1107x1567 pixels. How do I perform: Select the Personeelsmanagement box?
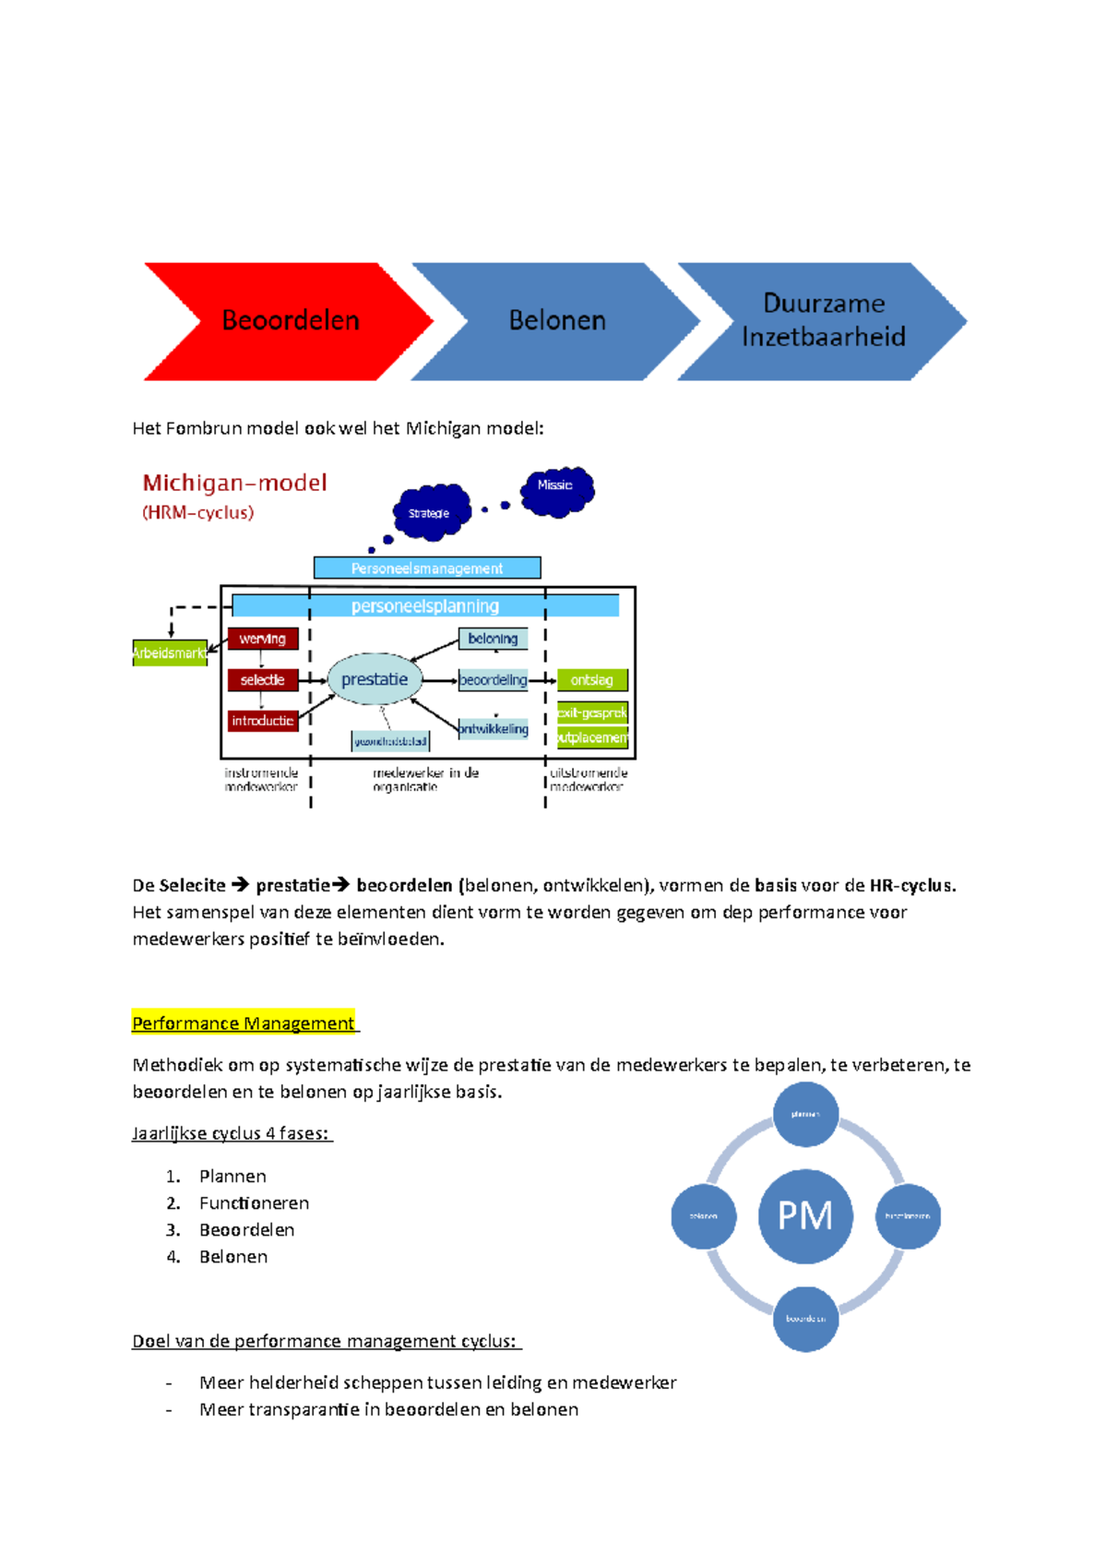click(427, 568)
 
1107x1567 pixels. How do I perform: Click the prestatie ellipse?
click(375, 679)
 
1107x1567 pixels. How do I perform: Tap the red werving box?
click(263, 639)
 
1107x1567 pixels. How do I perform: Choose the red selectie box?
click(263, 680)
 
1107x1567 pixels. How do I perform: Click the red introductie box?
click(263, 721)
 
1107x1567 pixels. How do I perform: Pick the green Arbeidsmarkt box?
click(170, 652)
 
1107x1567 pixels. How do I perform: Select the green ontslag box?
click(592, 680)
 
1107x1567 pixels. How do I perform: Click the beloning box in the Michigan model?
click(493, 639)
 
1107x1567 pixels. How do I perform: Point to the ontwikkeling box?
click(494, 729)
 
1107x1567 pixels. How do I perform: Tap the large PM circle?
click(805, 1215)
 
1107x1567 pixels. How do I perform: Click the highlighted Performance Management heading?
click(244, 1023)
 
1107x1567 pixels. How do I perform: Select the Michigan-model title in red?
click(234, 483)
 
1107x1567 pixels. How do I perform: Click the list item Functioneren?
click(254, 1202)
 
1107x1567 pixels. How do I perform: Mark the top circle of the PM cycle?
click(805, 1114)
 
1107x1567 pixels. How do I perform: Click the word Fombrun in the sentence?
click(200, 428)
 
